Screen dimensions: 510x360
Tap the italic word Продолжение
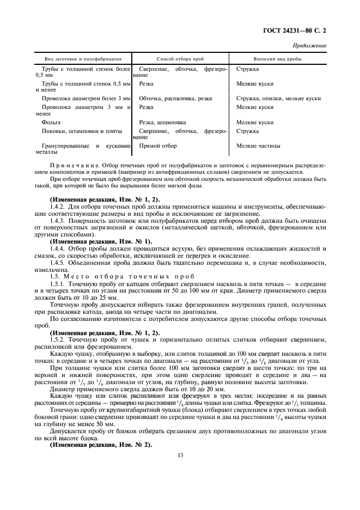tap(310, 46)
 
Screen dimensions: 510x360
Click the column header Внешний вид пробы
tap(278, 58)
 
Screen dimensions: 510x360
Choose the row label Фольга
tap(51, 123)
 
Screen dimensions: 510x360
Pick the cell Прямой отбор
tap(158, 146)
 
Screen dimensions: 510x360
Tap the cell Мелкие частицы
tap(259, 146)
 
